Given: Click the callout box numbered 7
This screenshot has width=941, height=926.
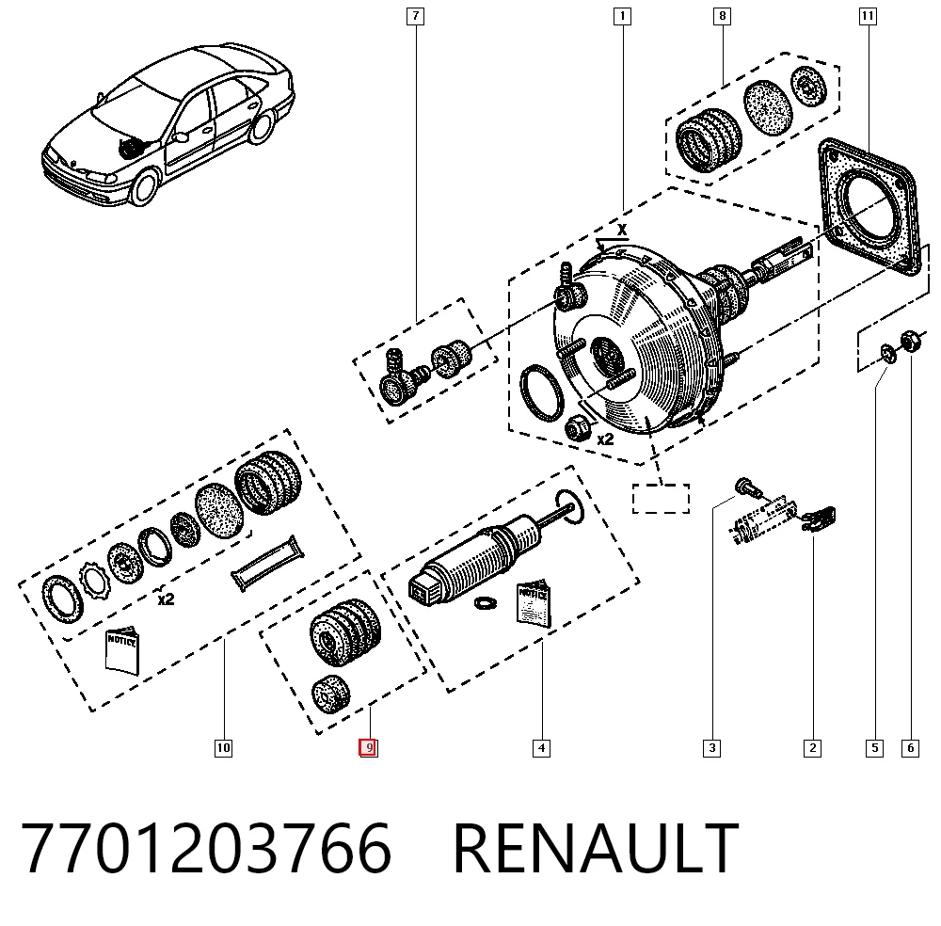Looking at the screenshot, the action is tap(415, 16).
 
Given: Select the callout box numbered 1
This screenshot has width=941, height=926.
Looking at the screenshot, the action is tap(622, 16).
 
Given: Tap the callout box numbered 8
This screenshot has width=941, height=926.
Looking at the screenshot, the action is tap(722, 16).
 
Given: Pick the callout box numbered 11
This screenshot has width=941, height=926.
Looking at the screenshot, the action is tap(868, 16).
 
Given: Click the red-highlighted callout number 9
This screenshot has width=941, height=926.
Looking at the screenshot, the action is tap(369, 748).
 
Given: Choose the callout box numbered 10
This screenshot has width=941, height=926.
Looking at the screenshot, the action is tap(223, 748).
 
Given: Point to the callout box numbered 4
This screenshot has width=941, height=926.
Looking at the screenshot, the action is tap(541, 748).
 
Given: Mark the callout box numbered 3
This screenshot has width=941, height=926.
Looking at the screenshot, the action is tap(711, 748).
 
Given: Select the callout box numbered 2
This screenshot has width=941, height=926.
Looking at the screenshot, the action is tap(813, 748).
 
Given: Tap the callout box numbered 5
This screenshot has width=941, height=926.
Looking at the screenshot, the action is tap(874, 748).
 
